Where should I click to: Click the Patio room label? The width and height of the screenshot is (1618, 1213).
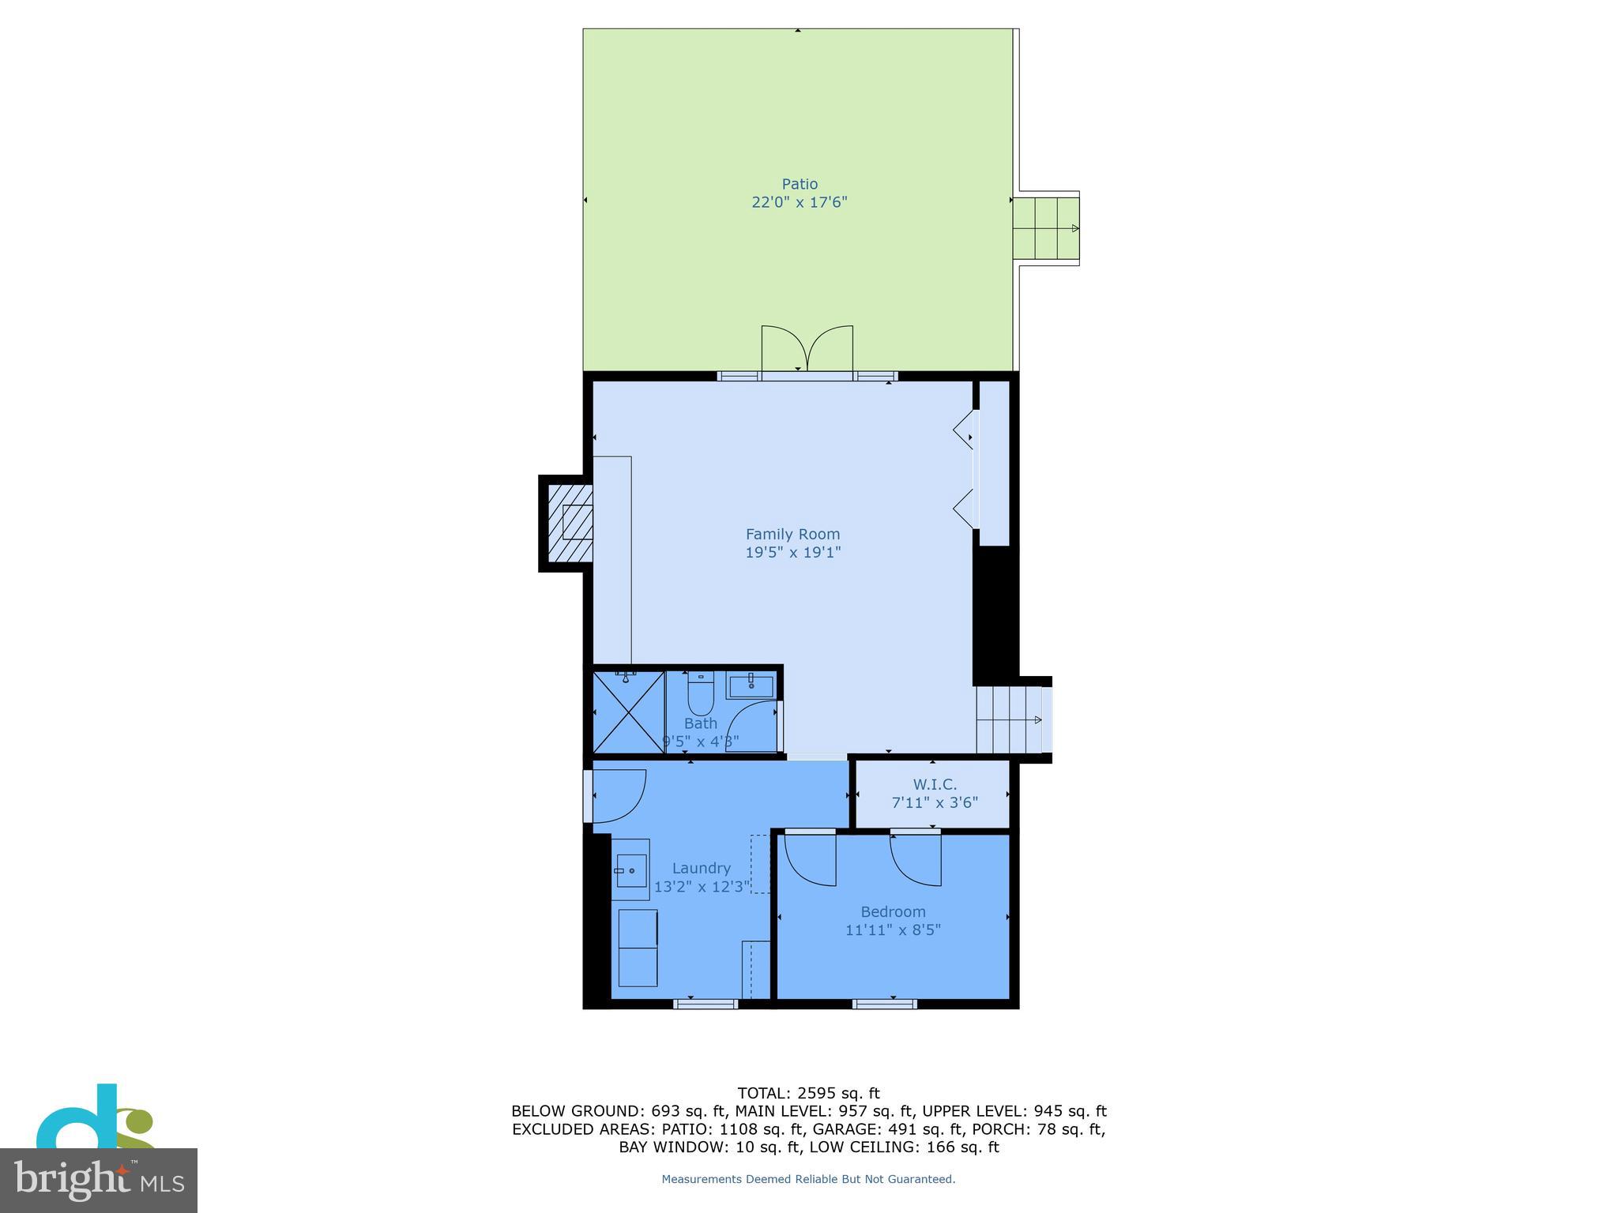[x=800, y=184]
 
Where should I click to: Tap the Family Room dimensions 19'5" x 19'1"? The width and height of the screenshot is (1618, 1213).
[x=792, y=553]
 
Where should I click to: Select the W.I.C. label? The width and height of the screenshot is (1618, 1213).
[x=935, y=784]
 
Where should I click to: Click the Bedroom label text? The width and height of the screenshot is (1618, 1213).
[x=893, y=911]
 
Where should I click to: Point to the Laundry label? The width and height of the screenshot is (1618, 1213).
[x=701, y=868]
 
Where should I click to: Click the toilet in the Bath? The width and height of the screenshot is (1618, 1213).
[x=701, y=693]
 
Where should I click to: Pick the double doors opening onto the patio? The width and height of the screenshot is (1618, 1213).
[x=807, y=351]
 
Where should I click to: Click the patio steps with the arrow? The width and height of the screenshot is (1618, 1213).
[x=1046, y=228]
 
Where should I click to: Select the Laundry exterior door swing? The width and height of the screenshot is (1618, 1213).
[x=617, y=794]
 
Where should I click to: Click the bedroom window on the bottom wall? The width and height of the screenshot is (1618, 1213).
[x=884, y=1004]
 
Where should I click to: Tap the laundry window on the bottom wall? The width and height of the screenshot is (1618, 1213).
[x=706, y=1004]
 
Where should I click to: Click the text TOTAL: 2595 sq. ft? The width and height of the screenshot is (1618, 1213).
[x=807, y=1093]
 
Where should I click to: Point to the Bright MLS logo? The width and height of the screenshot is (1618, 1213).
[x=98, y=1180]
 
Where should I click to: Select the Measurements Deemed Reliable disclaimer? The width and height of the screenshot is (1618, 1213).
[x=807, y=1179]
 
